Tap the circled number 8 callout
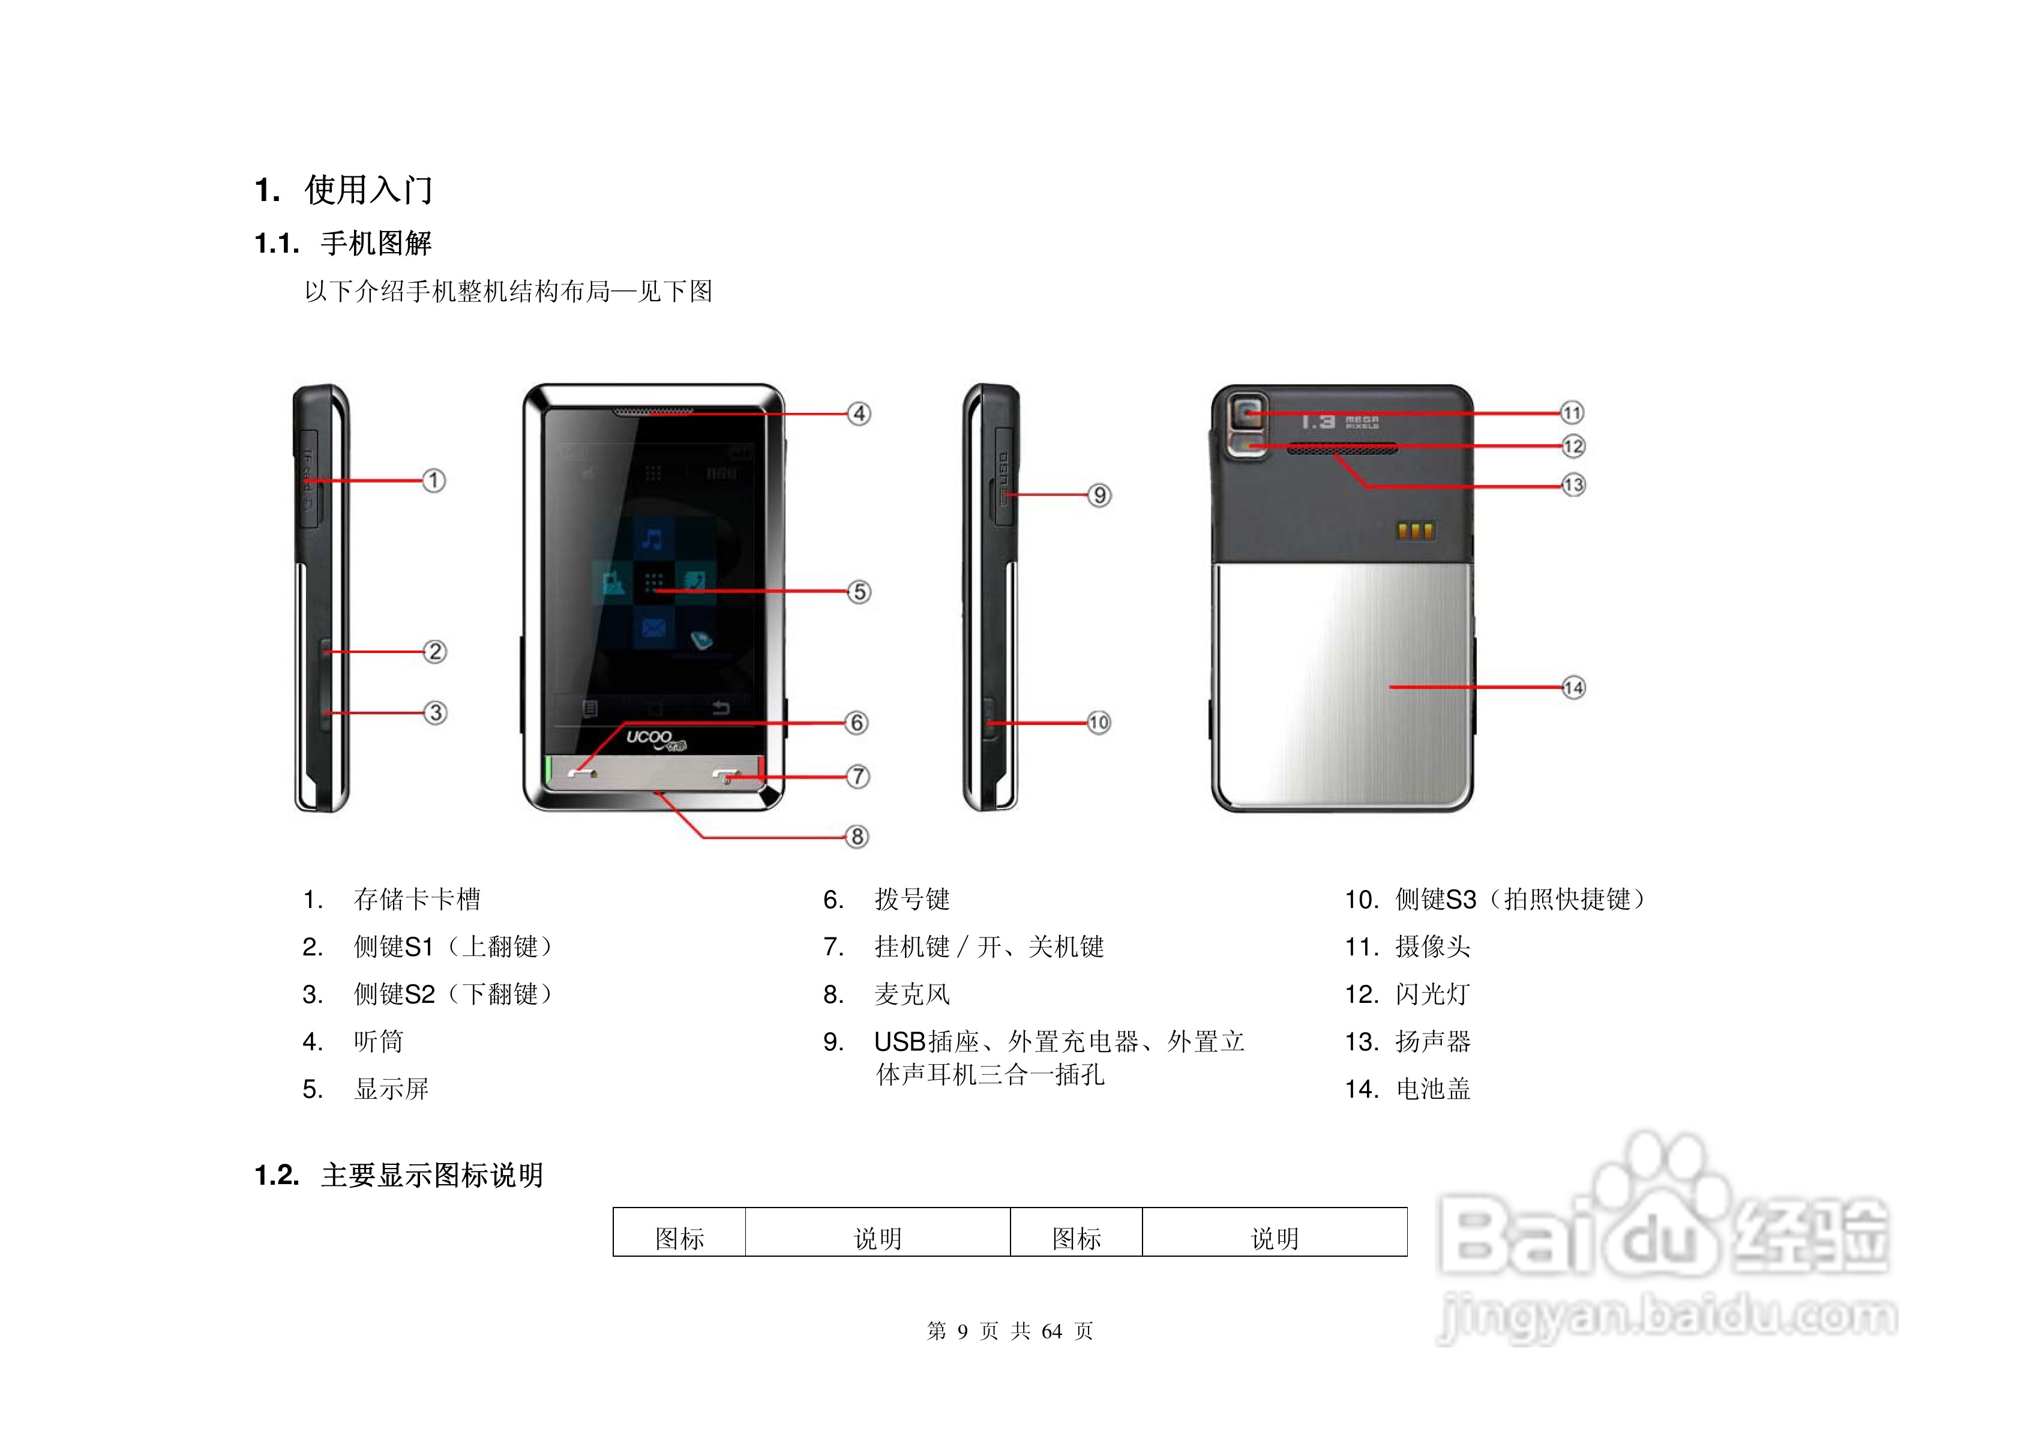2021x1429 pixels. (856, 837)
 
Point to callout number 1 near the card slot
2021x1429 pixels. (433, 481)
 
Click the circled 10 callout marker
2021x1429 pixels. (1099, 723)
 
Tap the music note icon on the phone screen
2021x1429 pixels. (652, 538)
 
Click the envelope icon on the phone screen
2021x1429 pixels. (653, 628)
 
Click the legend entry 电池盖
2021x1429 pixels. (1432, 1090)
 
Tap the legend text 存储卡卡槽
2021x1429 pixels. (416, 900)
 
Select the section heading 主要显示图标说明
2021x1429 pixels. (431, 1175)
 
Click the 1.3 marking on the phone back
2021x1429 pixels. (1318, 423)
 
